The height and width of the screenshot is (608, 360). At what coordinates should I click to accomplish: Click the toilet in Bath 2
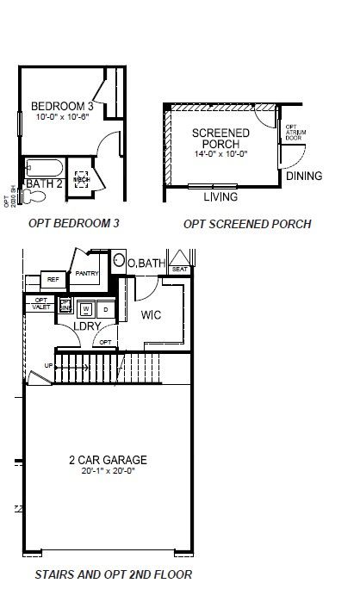[34, 197]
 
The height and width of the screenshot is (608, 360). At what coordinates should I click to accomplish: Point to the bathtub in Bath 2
[43, 166]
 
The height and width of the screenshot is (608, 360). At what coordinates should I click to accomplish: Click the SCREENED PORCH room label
[220, 139]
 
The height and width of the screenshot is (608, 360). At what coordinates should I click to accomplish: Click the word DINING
[304, 177]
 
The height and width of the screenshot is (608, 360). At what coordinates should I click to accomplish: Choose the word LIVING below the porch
[220, 197]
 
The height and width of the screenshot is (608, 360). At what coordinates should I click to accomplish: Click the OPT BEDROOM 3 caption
[73, 223]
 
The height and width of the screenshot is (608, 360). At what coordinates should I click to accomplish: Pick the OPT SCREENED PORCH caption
[247, 224]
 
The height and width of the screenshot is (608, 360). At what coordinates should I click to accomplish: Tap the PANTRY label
[88, 274]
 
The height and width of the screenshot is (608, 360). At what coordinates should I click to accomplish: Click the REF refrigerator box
[53, 280]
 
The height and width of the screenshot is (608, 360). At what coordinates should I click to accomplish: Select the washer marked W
[85, 307]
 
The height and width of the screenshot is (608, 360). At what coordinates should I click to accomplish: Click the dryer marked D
[105, 307]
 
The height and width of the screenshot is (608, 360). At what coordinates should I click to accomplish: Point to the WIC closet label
[152, 315]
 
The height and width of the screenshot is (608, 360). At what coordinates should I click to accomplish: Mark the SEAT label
[180, 270]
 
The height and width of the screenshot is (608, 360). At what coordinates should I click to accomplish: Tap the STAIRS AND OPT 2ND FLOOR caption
[113, 574]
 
